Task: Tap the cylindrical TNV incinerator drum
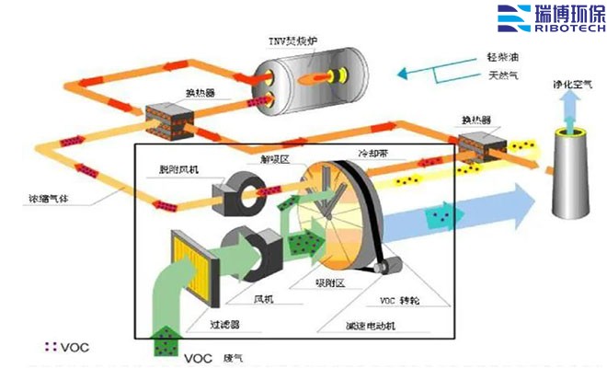(311, 75)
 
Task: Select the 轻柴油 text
(504, 57)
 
